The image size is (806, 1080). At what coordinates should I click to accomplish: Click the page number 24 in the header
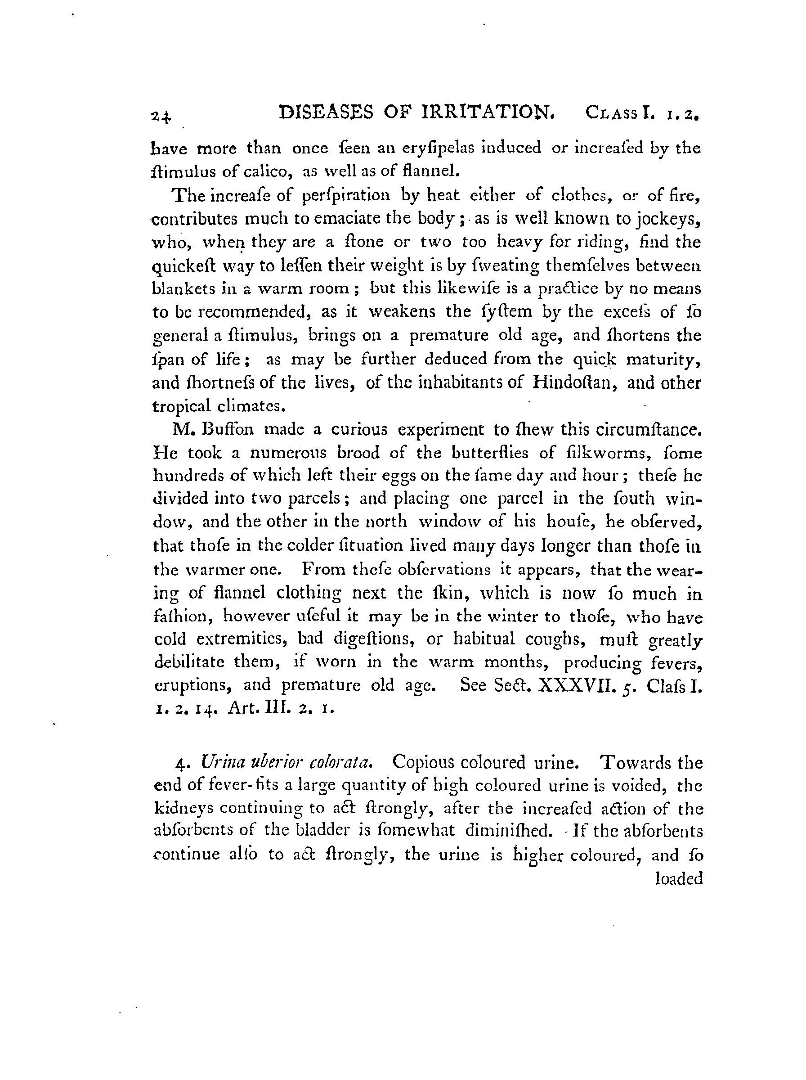(161, 117)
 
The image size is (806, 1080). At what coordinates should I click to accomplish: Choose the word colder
(306, 545)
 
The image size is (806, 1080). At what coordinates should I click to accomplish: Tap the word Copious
(423, 762)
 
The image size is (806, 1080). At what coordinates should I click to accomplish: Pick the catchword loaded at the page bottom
(679, 879)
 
